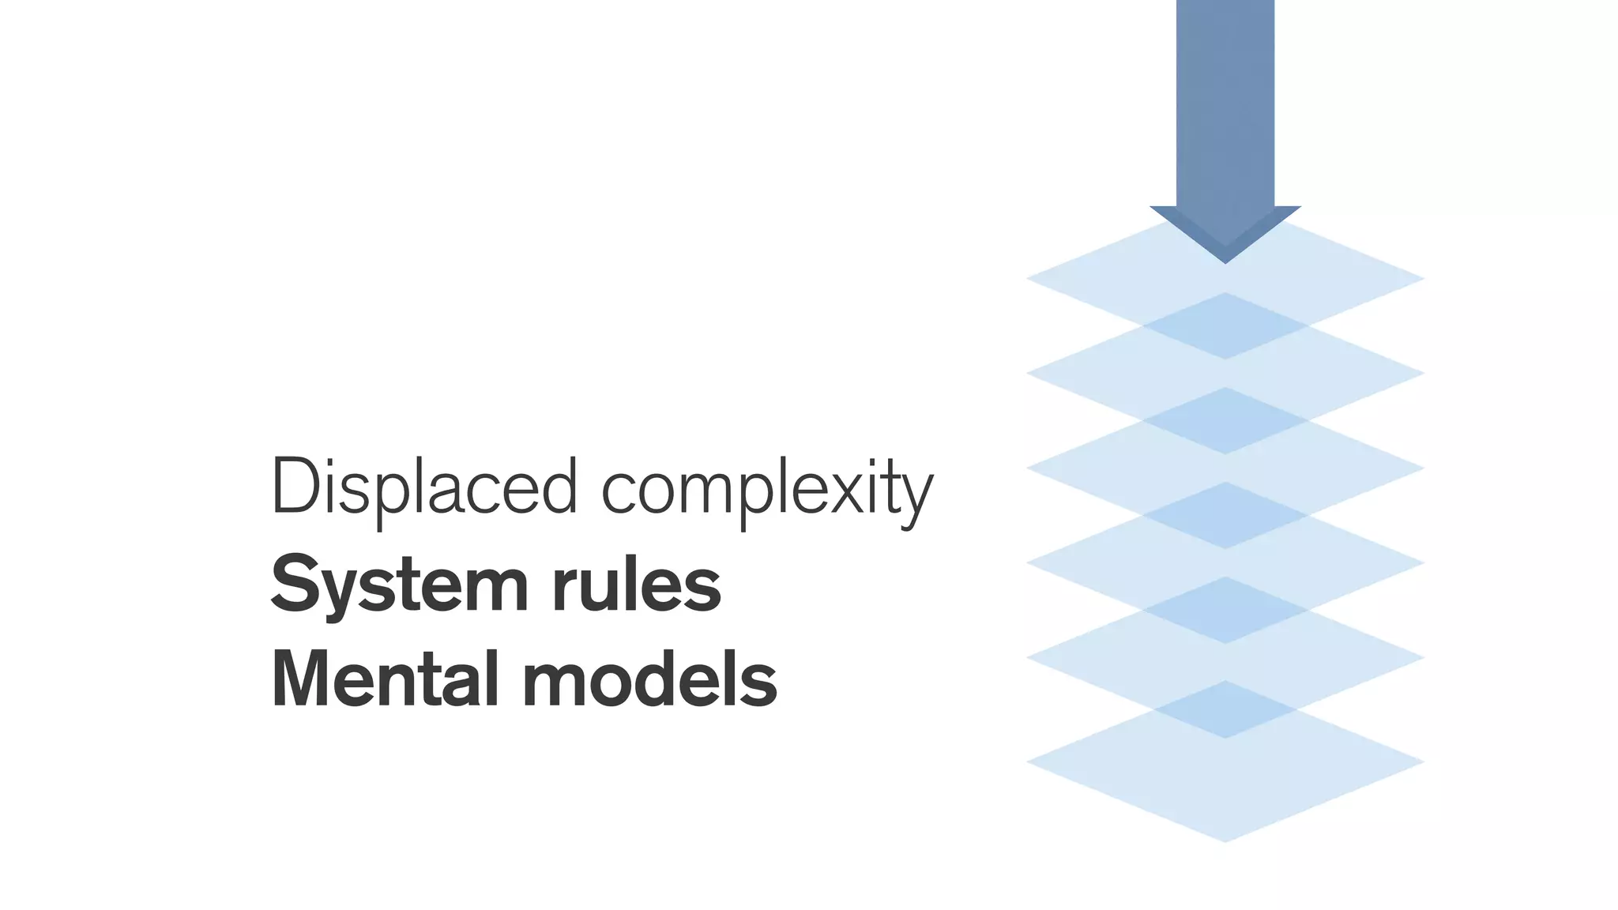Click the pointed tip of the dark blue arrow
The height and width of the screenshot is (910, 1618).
pos(1225,261)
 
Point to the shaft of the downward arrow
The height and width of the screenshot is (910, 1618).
pos(1225,103)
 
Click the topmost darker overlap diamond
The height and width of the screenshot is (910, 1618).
pos(1225,326)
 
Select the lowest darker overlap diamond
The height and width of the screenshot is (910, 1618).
pos(1225,709)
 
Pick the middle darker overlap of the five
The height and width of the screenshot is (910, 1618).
pos(1225,515)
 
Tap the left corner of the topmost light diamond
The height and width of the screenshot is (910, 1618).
pos(1029,278)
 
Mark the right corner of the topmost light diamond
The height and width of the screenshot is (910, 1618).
pos(1422,278)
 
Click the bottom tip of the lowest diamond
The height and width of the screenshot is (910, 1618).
pos(1225,840)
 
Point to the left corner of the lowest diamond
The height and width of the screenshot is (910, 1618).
pos(1029,761)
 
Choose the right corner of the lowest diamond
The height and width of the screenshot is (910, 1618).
pos(1422,761)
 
